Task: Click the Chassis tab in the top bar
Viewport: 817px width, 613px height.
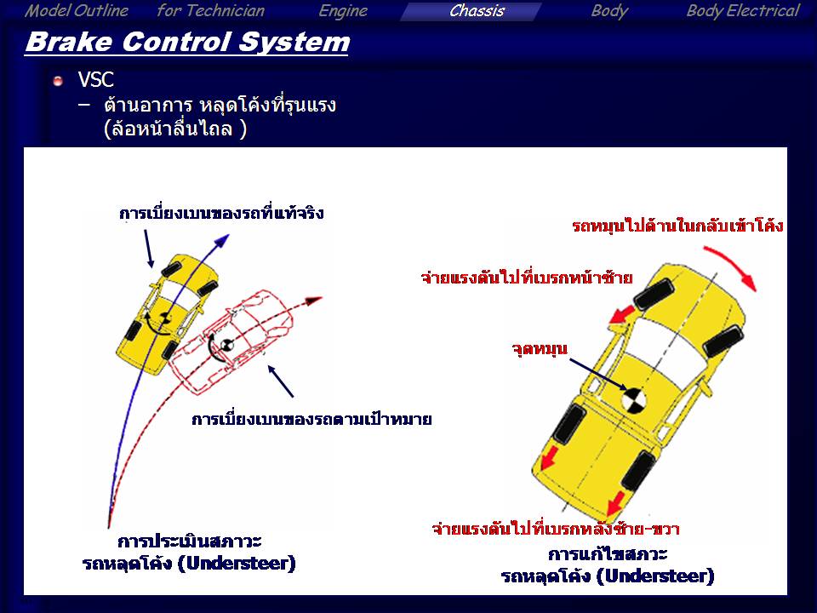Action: click(x=477, y=11)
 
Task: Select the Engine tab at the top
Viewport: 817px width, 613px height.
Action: click(x=343, y=11)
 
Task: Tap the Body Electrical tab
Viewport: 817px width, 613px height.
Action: click(x=742, y=11)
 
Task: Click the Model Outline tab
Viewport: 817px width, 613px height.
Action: click(x=77, y=11)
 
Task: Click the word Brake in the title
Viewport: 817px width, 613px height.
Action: click(x=68, y=42)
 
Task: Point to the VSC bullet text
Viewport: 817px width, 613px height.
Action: click(x=96, y=80)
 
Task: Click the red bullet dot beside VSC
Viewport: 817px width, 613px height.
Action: click(x=58, y=81)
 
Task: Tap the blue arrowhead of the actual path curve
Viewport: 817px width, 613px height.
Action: click(x=222, y=240)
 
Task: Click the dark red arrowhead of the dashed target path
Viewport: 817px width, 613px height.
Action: click(x=314, y=301)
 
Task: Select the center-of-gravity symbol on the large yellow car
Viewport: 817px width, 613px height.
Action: click(x=634, y=401)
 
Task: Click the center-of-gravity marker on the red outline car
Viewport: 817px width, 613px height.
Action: click(x=226, y=345)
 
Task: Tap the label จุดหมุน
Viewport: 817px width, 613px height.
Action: click(x=540, y=349)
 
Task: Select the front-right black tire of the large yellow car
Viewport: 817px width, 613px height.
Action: click(x=723, y=341)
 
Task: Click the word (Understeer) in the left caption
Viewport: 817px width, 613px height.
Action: click(x=237, y=564)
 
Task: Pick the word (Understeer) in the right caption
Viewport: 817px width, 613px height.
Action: click(x=655, y=576)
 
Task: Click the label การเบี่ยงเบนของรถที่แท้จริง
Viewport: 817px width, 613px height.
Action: click(x=221, y=213)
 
